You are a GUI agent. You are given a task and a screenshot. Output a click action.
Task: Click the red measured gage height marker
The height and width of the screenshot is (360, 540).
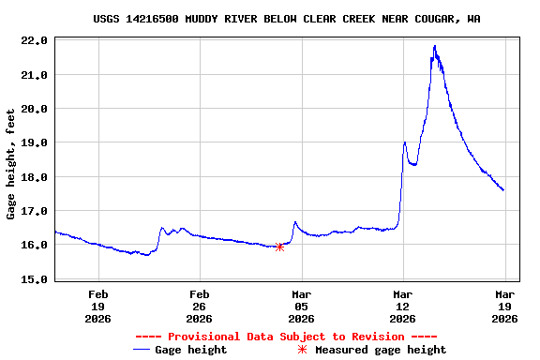pyautogui.click(x=279, y=247)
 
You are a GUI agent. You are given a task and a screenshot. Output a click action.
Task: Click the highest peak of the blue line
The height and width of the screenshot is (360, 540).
pyautogui.click(x=434, y=46)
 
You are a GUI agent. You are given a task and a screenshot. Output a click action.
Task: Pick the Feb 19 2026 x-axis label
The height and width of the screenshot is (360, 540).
pyautogui.click(x=97, y=306)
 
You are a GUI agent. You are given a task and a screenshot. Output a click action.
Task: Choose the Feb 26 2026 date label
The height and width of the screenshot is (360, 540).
pyautogui.click(x=199, y=306)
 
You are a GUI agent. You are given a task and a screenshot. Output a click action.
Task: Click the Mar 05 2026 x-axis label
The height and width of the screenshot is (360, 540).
pyautogui.click(x=301, y=306)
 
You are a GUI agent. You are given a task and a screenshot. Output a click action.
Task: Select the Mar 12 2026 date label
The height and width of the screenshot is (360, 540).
pyautogui.click(x=402, y=306)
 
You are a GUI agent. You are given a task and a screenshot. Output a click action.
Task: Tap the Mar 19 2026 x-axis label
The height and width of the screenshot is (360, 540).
pyautogui.click(x=504, y=306)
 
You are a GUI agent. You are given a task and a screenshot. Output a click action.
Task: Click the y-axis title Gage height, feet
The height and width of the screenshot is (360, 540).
pyautogui.click(x=11, y=164)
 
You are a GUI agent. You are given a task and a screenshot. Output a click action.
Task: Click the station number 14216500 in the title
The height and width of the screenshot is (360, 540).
pyautogui.click(x=156, y=19)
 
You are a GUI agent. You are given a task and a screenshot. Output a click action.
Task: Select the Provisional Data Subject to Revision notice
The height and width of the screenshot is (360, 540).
pyautogui.click(x=286, y=336)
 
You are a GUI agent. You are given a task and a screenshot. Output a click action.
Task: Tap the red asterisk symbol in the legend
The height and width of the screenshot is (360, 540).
pyautogui.click(x=302, y=350)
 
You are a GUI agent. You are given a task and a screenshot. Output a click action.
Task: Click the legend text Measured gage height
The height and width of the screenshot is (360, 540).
pyautogui.click(x=381, y=350)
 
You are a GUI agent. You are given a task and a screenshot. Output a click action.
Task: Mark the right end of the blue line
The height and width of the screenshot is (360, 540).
pyautogui.click(x=503, y=190)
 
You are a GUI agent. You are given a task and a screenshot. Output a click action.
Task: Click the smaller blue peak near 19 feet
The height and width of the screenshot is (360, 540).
pyautogui.click(x=404, y=142)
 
